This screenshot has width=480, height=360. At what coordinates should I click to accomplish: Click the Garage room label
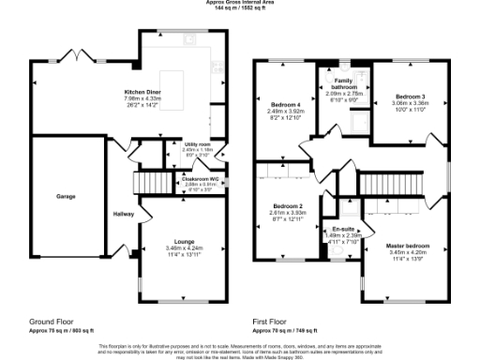[65, 197]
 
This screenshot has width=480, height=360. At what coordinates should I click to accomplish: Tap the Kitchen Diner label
[144, 91]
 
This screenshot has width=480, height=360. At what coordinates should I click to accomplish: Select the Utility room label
[197, 144]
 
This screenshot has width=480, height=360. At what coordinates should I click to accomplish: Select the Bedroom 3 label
[410, 97]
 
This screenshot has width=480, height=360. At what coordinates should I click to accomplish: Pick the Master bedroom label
[407, 246]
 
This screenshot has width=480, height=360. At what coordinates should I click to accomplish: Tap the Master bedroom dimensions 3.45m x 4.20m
[407, 252]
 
